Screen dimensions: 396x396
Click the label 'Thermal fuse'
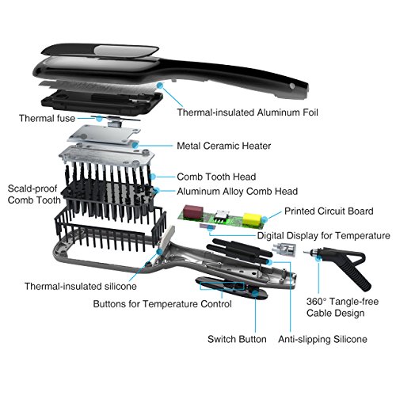[47, 118]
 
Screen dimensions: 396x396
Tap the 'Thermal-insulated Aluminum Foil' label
[247, 112]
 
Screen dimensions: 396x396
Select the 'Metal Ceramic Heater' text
[224, 146]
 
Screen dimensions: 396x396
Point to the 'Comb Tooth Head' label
[216, 177]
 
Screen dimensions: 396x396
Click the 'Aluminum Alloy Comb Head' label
[238, 191]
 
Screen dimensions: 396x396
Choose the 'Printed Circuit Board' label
[329, 211]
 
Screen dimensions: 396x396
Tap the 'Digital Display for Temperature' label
[324, 235]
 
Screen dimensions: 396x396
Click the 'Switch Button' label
[237, 339]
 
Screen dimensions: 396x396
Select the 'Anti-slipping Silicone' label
[322, 339]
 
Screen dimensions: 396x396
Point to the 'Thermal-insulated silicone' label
[81, 286]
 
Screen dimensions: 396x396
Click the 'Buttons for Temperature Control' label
[162, 304]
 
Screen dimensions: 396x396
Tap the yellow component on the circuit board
[252, 219]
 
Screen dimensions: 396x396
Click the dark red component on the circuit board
[193, 212]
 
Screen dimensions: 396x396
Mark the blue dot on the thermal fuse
[99, 119]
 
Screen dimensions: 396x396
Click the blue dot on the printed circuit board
[265, 219]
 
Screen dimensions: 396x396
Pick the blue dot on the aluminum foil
[160, 86]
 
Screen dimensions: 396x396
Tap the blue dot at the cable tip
[318, 258]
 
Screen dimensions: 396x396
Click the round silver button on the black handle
[292, 86]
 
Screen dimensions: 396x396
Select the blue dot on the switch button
[255, 293]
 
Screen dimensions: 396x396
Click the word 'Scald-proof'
[32, 188]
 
